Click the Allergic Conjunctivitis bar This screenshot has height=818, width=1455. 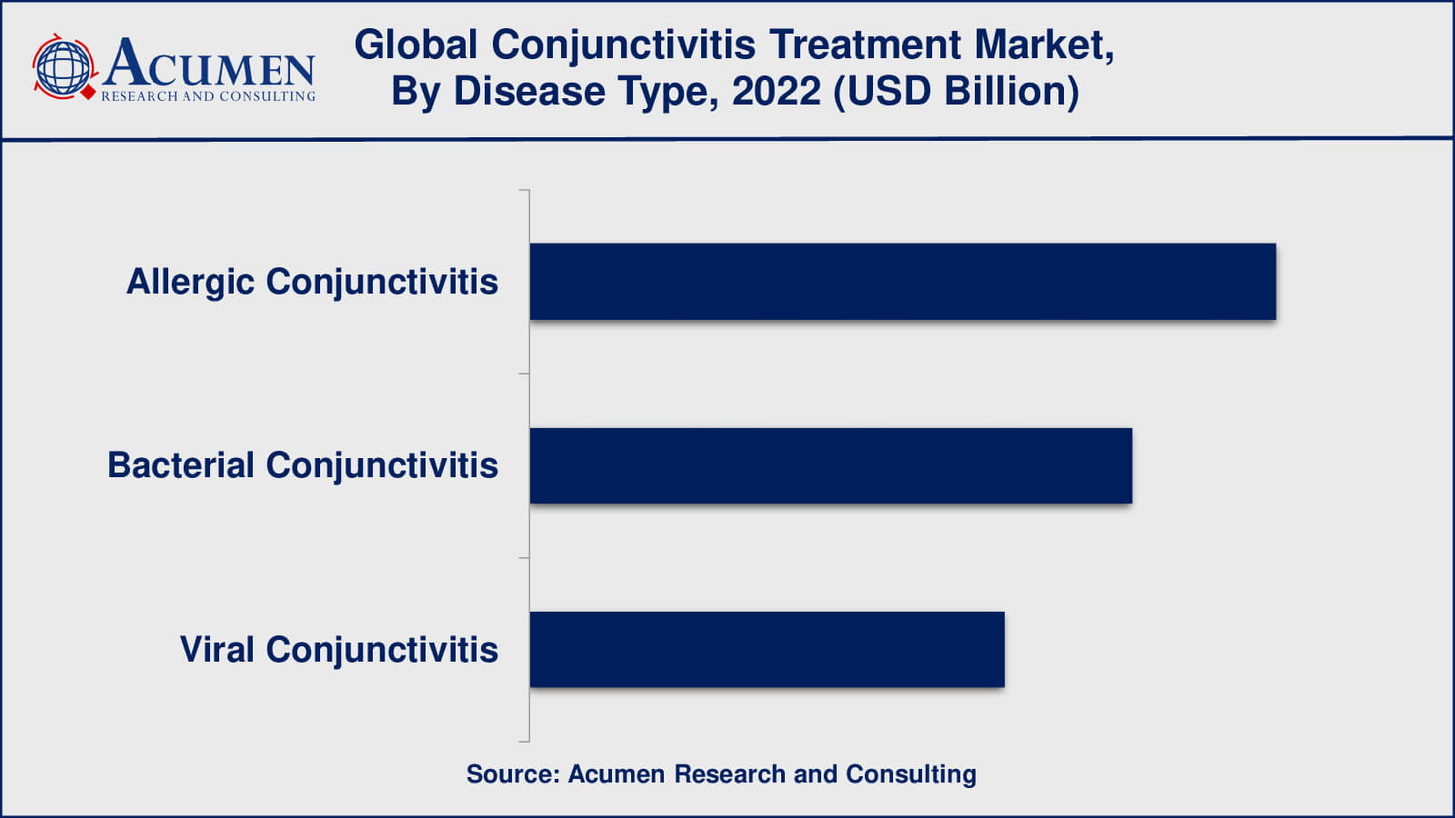click(903, 282)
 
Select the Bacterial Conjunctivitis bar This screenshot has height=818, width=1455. click(831, 465)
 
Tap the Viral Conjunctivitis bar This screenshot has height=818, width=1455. click(768, 649)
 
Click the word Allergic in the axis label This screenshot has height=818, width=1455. click(190, 283)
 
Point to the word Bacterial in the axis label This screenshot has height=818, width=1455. click(181, 465)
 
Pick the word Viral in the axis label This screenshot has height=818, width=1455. click(216, 649)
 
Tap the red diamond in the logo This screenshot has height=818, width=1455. click(88, 93)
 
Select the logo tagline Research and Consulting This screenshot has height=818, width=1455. click(208, 96)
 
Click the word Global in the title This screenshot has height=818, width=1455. click(416, 45)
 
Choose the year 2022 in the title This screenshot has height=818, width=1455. click(777, 91)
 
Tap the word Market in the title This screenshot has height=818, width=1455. click(1045, 46)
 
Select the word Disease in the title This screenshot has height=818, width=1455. click(528, 91)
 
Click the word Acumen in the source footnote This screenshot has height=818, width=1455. click(617, 773)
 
